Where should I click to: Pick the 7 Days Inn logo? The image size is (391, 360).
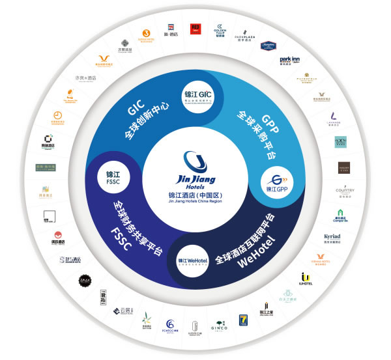(x=242, y=322)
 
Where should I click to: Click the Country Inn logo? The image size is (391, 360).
(x=345, y=191)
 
